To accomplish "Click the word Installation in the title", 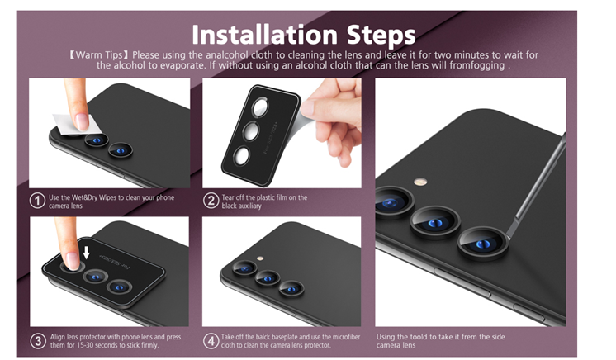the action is coord(264,35).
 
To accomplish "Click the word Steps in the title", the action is coord(381,36).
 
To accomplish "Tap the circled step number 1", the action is coord(37,201).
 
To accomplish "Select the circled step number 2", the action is coord(211,201).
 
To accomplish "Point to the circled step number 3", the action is coord(38,340).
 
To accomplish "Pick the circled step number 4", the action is coord(211,340).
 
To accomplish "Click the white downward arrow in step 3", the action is coord(87,253).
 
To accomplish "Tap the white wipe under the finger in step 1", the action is coord(77,125).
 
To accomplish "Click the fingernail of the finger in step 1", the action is coord(82,122).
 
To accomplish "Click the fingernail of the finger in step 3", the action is coord(73,261).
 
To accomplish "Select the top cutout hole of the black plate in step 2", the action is coord(259,107).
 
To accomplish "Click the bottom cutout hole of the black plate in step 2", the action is coord(241,155).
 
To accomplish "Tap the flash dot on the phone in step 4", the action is coord(259,258).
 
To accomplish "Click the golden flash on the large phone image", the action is coord(421,182).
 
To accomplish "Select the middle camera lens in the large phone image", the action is coord(435,222).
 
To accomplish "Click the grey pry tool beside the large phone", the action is coord(537,185).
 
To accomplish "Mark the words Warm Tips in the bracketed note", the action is coord(99,54).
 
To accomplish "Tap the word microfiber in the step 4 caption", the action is coord(347,337).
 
